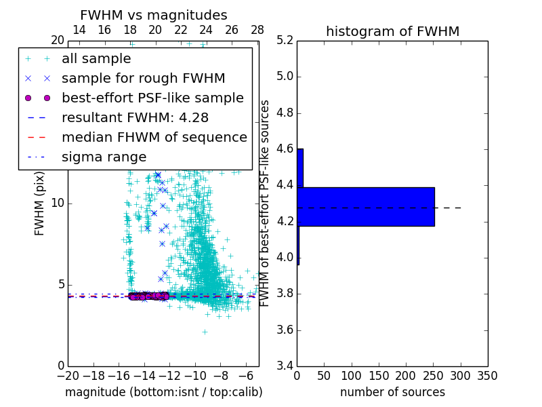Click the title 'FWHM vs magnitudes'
click(x=153, y=15)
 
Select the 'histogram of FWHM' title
click(x=392, y=31)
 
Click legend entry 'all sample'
click(x=96, y=59)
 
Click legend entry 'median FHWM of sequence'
click(x=154, y=137)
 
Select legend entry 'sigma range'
click(x=104, y=157)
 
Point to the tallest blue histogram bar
click(x=366, y=207)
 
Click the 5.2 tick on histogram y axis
click(x=285, y=40)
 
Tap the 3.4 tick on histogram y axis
click(x=285, y=366)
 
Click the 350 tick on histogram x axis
click(x=487, y=376)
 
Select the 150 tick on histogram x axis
click(x=379, y=376)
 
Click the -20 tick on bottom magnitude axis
click(x=68, y=376)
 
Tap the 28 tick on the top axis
click(x=257, y=31)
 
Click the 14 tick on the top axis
click(x=79, y=31)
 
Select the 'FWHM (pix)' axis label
click(x=40, y=203)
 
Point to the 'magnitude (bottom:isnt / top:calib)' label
click(x=163, y=392)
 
